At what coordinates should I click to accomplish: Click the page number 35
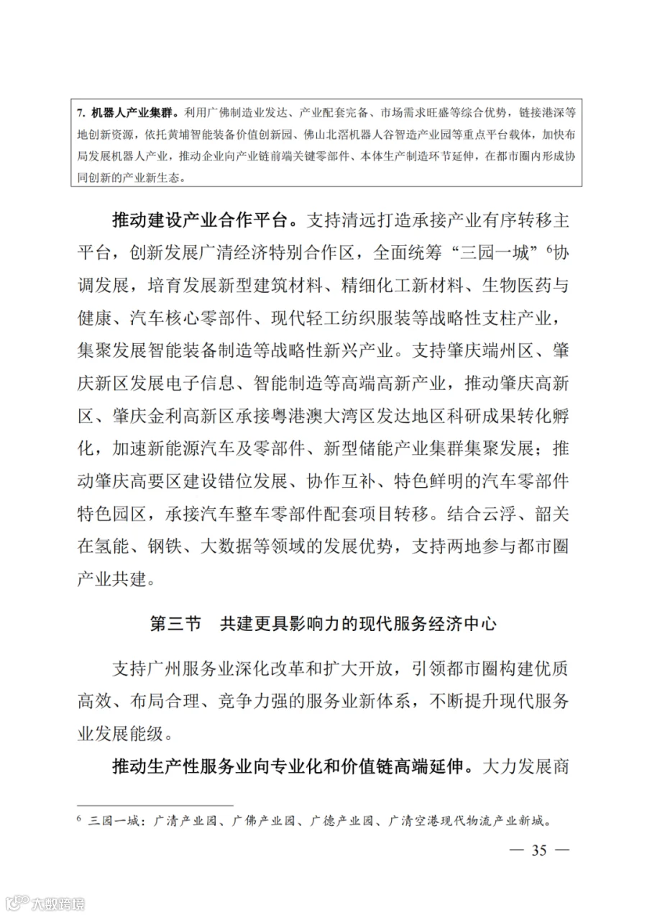(539, 851)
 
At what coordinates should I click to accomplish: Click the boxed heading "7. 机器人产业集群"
(129, 114)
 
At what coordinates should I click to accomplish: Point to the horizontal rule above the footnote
(155, 805)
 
